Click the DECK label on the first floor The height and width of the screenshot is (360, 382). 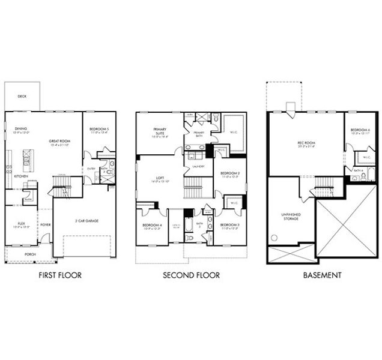(22, 96)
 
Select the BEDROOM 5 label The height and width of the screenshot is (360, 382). (99, 129)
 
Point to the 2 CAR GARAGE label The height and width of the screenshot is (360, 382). (87, 221)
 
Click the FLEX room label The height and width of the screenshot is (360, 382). (19, 224)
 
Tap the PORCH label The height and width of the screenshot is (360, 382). (30, 254)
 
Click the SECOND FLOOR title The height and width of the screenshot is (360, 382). (191, 275)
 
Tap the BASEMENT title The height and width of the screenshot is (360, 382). (322, 275)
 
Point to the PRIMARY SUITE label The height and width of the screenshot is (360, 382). (160, 131)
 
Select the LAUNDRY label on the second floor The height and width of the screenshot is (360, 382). (199, 166)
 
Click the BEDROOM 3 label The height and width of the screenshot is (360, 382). (229, 224)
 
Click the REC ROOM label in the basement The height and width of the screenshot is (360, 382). (306, 143)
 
